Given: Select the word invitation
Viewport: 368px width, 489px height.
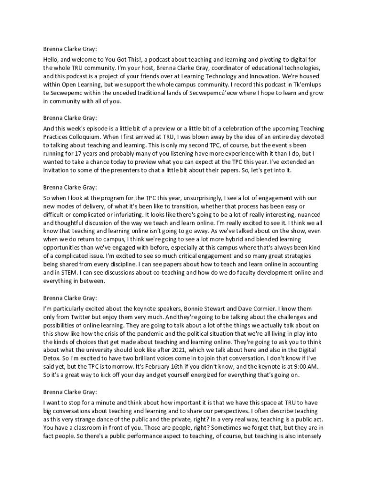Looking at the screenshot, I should (58, 170).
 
